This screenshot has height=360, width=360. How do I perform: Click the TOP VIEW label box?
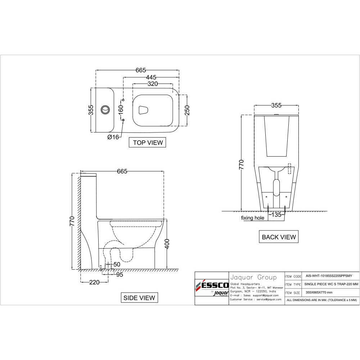(148, 143)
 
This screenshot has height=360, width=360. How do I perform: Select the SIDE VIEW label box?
(139, 298)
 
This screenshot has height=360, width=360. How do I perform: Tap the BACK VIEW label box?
(279, 237)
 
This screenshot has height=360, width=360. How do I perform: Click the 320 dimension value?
(153, 84)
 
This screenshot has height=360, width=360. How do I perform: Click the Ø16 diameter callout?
(113, 137)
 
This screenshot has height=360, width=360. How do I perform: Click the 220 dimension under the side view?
(94, 283)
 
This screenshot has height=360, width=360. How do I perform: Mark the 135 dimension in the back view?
(276, 215)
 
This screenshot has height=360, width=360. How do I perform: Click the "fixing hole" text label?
(253, 218)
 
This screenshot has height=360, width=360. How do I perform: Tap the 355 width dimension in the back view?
(276, 105)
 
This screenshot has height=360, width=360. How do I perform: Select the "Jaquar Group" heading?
(253, 278)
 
